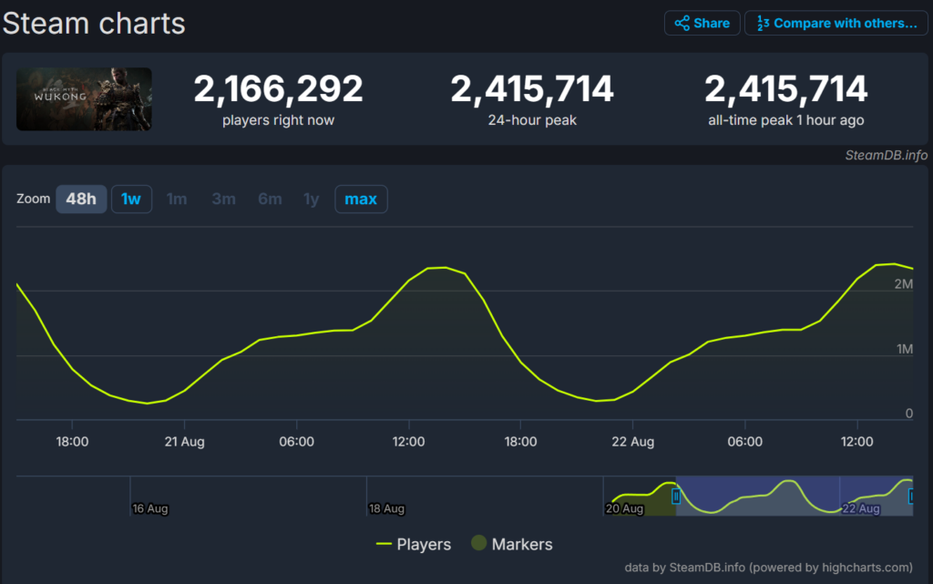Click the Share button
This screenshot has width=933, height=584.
click(702, 23)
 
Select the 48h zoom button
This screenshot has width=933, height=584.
click(81, 199)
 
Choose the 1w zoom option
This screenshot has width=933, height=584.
click(131, 199)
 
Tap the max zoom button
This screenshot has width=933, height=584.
click(361, 199)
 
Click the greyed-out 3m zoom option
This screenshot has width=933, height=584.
click(223, 199)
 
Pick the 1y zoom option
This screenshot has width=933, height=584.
click(312, 199)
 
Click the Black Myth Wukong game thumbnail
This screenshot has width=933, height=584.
click(84, 98)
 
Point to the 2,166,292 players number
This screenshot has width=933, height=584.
click(278, 89)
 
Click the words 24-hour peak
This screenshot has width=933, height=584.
click(532, 120)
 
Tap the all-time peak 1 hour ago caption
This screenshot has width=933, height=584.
click(785, 120)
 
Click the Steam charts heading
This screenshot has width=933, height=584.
click(94, 23)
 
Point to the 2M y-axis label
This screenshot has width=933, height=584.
click(904, 284)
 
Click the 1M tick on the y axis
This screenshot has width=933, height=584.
click(904, 349)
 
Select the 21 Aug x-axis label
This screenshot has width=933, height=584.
click(184, 442)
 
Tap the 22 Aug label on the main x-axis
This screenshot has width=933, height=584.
click(632, 442)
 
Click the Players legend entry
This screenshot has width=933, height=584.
click(414, 544)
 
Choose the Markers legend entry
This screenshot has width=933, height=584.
click(512, 544)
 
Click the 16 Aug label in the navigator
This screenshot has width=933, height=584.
click(150, 508)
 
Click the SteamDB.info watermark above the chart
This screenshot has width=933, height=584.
click(886, 155)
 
